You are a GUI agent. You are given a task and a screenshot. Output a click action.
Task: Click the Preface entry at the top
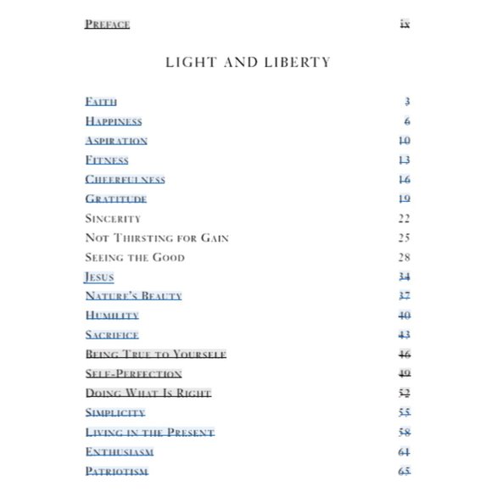(x=107, y=24)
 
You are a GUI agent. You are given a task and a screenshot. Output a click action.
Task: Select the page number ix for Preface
(x=405, y=24)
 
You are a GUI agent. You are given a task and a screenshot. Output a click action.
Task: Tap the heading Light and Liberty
(x=248, y=62)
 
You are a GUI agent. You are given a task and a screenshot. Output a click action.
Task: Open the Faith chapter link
(x=101, y=102)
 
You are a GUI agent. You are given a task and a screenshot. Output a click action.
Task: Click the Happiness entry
(x=114, y=121)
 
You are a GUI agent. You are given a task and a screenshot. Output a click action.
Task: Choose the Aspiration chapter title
(x=116, y=141)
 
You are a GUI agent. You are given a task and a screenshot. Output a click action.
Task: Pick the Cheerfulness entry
(x=125, y=180)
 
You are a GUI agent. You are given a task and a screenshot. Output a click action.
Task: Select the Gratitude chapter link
(x=115, y=199)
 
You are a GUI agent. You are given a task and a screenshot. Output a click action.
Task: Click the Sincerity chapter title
(x=113, y=219)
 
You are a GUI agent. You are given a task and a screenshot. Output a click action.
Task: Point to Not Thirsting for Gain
(x=157, y=238)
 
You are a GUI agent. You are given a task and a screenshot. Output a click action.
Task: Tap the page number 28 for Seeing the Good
(x=404, y=258)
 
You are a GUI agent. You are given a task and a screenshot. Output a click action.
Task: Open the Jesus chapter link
(x=98, y=277)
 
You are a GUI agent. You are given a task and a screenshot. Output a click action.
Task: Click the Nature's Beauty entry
(x=133, y=296)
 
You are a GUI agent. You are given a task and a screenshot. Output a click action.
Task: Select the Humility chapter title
(x=112, y=316)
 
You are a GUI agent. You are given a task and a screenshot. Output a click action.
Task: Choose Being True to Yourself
(x=155, y=355)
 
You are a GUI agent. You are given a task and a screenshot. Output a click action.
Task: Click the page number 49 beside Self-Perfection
(x=404, y=374)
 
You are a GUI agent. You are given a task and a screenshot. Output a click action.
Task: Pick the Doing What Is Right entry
(x=148, y=394)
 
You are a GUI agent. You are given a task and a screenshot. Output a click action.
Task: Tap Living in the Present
(x=149, y=433)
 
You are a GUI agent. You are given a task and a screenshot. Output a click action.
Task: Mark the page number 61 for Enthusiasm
(x=404, y=452)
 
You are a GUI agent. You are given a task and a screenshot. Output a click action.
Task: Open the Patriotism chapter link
(x=116, y=472)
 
